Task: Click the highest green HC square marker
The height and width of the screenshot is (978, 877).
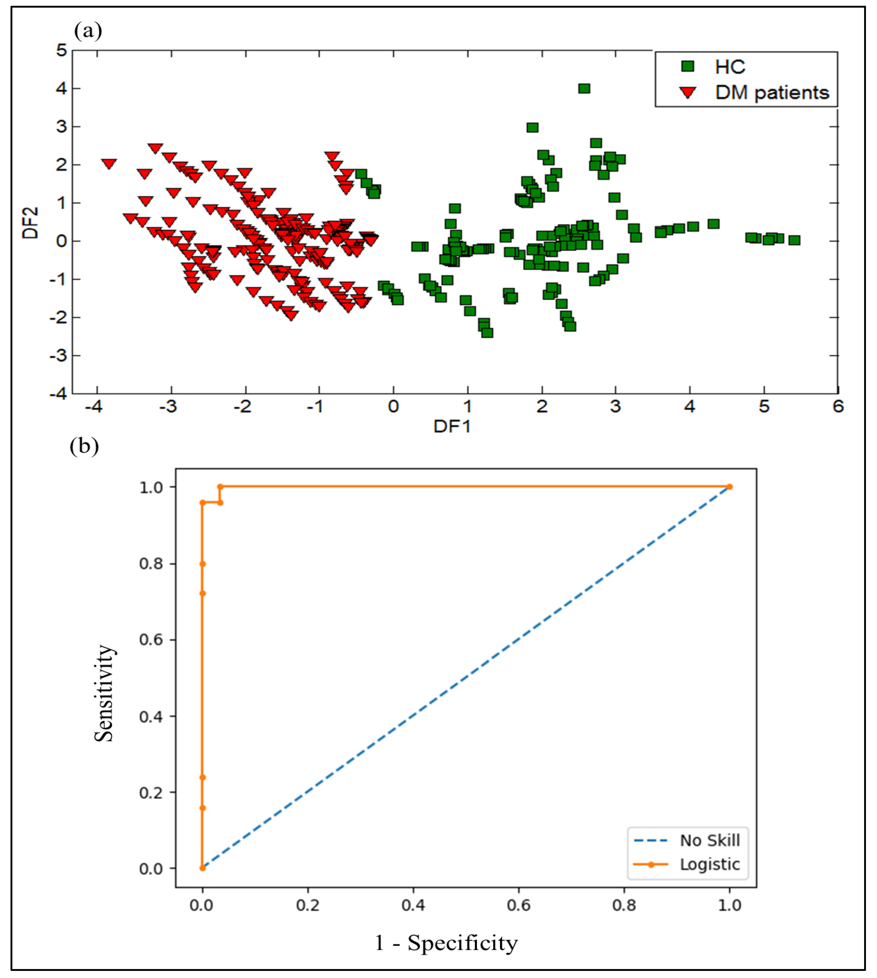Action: tap(584, 88)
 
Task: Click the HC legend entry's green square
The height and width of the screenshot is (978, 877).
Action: tap(688, 66)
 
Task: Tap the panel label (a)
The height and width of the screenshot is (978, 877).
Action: tap(88, 31)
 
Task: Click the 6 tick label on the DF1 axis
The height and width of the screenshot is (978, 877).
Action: tap(838, 407)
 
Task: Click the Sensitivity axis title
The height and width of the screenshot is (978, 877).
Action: tap(104, 693)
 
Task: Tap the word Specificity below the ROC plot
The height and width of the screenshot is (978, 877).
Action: tap(463, 943)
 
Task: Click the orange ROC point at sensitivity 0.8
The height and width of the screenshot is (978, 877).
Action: tap(202, 564)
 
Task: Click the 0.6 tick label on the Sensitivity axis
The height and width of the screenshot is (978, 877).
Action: tap(151, 640)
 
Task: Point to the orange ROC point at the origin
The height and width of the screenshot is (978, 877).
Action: tap(202, 868)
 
